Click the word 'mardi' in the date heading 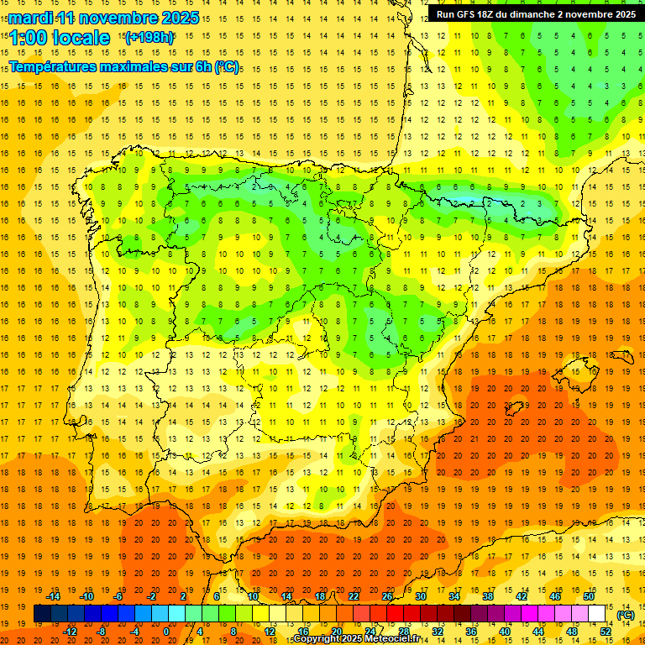pos(30,18)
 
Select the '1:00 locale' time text pos(60,38)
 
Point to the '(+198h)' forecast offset pos(149,37)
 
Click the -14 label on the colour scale pos(54,596)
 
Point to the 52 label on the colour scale pos(606,632)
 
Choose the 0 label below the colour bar pos(166,632)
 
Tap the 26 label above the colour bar pos(387,596)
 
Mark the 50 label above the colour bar pos(589,596)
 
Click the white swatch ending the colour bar pos(597,614)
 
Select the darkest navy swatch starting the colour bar pos(42,614)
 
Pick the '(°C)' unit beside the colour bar pos(626,615)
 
